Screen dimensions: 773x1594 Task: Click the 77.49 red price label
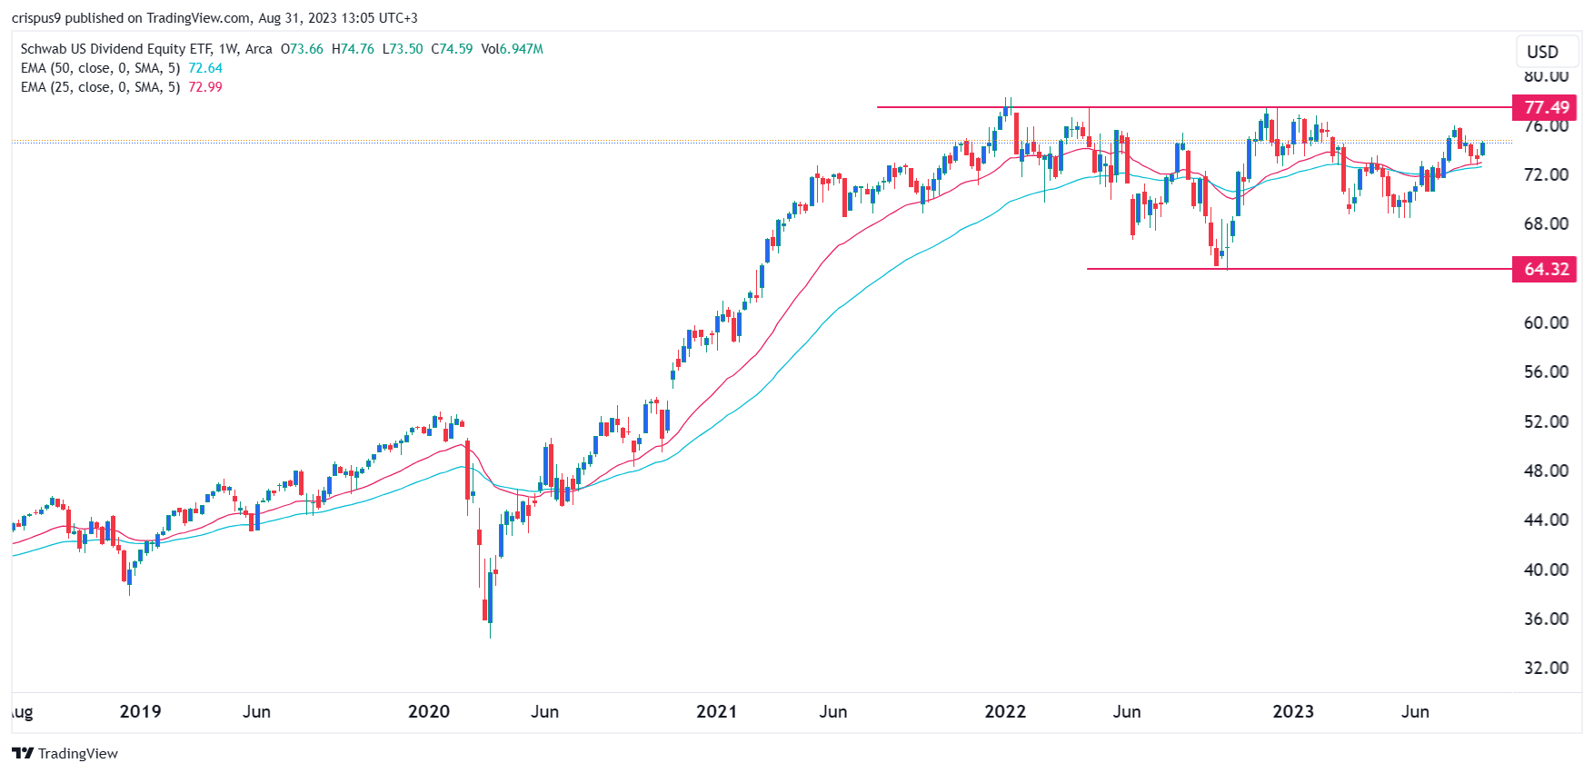(1544, 107)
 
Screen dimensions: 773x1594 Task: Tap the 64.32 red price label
(1544, 269)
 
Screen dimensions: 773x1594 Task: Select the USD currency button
(1542, 52)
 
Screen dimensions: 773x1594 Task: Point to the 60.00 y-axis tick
(1546, 322)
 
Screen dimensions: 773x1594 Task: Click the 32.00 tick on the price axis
(1546, 668)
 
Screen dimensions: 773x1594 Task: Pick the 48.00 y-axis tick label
(1546, 471)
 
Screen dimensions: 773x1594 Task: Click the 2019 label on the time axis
(140, 711)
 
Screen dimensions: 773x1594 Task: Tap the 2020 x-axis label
(428, 711)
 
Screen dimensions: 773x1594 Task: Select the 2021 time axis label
(716, 711)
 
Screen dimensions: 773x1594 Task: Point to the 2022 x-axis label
(1004, 711)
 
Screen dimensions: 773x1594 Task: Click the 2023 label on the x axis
(1292, 711)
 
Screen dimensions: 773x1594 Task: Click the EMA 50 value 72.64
(205, 68)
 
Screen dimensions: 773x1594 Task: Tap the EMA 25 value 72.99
(205, 87)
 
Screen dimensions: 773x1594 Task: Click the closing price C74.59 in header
(452, 49)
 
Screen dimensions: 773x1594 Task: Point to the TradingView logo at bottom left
(65, 753)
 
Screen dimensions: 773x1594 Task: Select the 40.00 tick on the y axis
(1546, 570)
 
